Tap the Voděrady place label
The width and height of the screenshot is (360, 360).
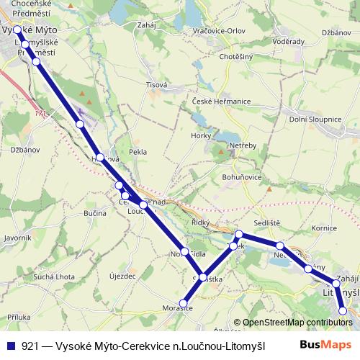click(289, 42)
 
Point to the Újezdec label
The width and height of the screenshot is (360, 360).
click(122, 276)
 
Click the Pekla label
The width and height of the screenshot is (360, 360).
click(137, 153)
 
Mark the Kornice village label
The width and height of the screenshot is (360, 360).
click(325, 228)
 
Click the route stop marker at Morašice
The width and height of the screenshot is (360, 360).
click(184, 303)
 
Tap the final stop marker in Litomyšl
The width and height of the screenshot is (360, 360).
click(343, 310)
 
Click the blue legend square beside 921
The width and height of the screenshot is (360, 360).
click(11, 346)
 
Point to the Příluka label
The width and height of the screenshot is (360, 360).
click(19, 316)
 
